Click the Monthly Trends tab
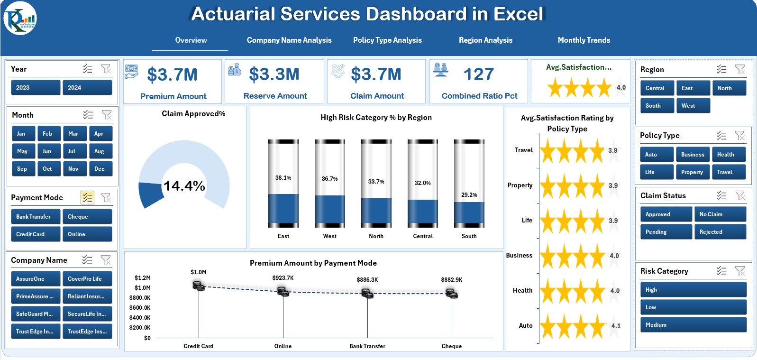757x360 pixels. click(584, 40)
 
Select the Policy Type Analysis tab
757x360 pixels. click(387, 40)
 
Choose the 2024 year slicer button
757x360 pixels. click(87, 88)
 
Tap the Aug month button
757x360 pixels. click(99, 151)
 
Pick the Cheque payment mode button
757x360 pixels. click(87, 217)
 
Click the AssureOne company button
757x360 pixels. click(35, 279)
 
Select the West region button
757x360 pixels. click(693, 106)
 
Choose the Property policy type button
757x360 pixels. click(692, 172)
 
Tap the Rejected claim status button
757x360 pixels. click(720, 232)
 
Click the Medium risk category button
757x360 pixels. click(693, 325)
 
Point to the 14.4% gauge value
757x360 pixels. click(184, 186)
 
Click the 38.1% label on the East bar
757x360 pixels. click(283, 178)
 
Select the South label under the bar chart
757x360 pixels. click(469, 236)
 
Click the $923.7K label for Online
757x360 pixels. click(283, 278)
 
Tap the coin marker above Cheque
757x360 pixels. click(452, 295)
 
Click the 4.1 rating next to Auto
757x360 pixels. click(616, 326)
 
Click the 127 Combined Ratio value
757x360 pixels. click(478, 74)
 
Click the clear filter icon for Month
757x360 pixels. click(107, 115)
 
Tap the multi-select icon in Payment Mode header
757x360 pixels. click(87, 197)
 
